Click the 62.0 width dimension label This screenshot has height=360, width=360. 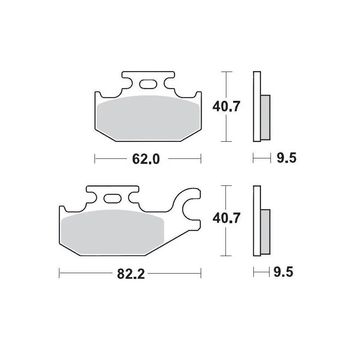click(x=146, y=159)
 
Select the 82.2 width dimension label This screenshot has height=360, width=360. click(x=131, y=274)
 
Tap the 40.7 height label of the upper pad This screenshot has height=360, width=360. click(x=226, y=106)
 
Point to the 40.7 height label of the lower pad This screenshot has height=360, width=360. click(x=226, y=218)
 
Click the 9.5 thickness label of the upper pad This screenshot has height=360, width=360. click(x=287, y=158)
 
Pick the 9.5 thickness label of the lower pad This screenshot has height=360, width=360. click(x=283, y=272)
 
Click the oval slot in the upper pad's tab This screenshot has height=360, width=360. click(x=148, y=84)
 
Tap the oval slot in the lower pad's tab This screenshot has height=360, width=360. click(x=112, y=198)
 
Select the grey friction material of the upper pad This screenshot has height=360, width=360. click(x=148, y=118)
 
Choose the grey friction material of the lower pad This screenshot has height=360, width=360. click(x=112, y=232)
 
